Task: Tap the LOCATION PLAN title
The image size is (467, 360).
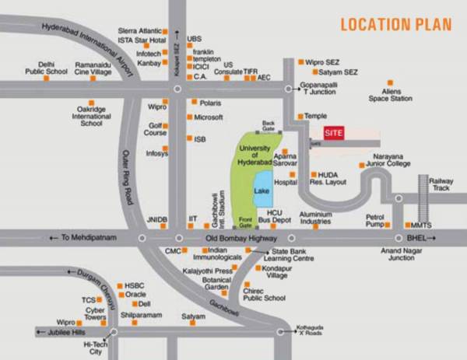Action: [395, 24]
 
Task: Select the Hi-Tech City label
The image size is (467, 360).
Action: [94, 348]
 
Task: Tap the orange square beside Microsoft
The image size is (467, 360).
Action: [189, 117]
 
